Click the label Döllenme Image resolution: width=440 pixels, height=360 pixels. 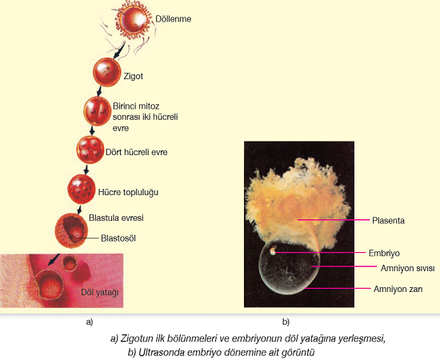tap(173, 19)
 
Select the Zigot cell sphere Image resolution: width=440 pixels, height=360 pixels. tap(106, 72)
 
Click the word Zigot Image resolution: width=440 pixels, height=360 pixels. tap(134, 76)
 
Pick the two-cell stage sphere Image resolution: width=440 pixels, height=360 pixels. tap(97, 111)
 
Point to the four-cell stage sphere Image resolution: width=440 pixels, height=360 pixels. tap(90, 150)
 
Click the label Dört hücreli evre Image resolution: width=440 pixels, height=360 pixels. tap(136, 152)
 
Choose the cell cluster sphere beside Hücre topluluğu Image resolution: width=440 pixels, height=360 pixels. tap(82, 189)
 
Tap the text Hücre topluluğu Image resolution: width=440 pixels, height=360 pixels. tap(128, 192)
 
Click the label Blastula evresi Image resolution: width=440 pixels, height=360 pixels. tap(116, 218)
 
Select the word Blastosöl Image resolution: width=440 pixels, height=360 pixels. tap(118, 238)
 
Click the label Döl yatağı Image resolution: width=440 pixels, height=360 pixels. tap(100, 292)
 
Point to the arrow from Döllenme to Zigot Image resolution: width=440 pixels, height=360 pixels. tap(119, 50)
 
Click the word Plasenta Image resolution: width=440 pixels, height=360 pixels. tap(388, 221)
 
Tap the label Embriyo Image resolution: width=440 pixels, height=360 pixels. tap(384, 253)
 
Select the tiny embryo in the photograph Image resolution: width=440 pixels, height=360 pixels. tap(273, 250)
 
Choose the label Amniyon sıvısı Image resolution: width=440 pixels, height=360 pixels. tap(407, 268)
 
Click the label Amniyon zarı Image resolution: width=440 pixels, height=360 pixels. tap(398, 289)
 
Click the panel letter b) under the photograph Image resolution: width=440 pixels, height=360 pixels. tap(286, 322)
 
